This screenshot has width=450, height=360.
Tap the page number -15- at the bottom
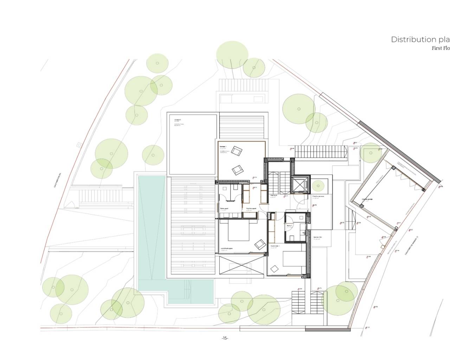[x=225, y=338]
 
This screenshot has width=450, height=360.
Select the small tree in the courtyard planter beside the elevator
[x=318, y=185]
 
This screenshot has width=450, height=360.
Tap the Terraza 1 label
[x=223, y=146]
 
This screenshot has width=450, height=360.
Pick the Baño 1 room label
[x=290, y=225]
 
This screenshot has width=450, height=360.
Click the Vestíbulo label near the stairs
[x=274, y=195]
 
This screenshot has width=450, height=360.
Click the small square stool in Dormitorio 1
[x=274, y=269]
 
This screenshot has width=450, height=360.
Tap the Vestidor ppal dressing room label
[x=251, y=208]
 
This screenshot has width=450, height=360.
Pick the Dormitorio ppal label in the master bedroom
[x=227, y=248]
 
